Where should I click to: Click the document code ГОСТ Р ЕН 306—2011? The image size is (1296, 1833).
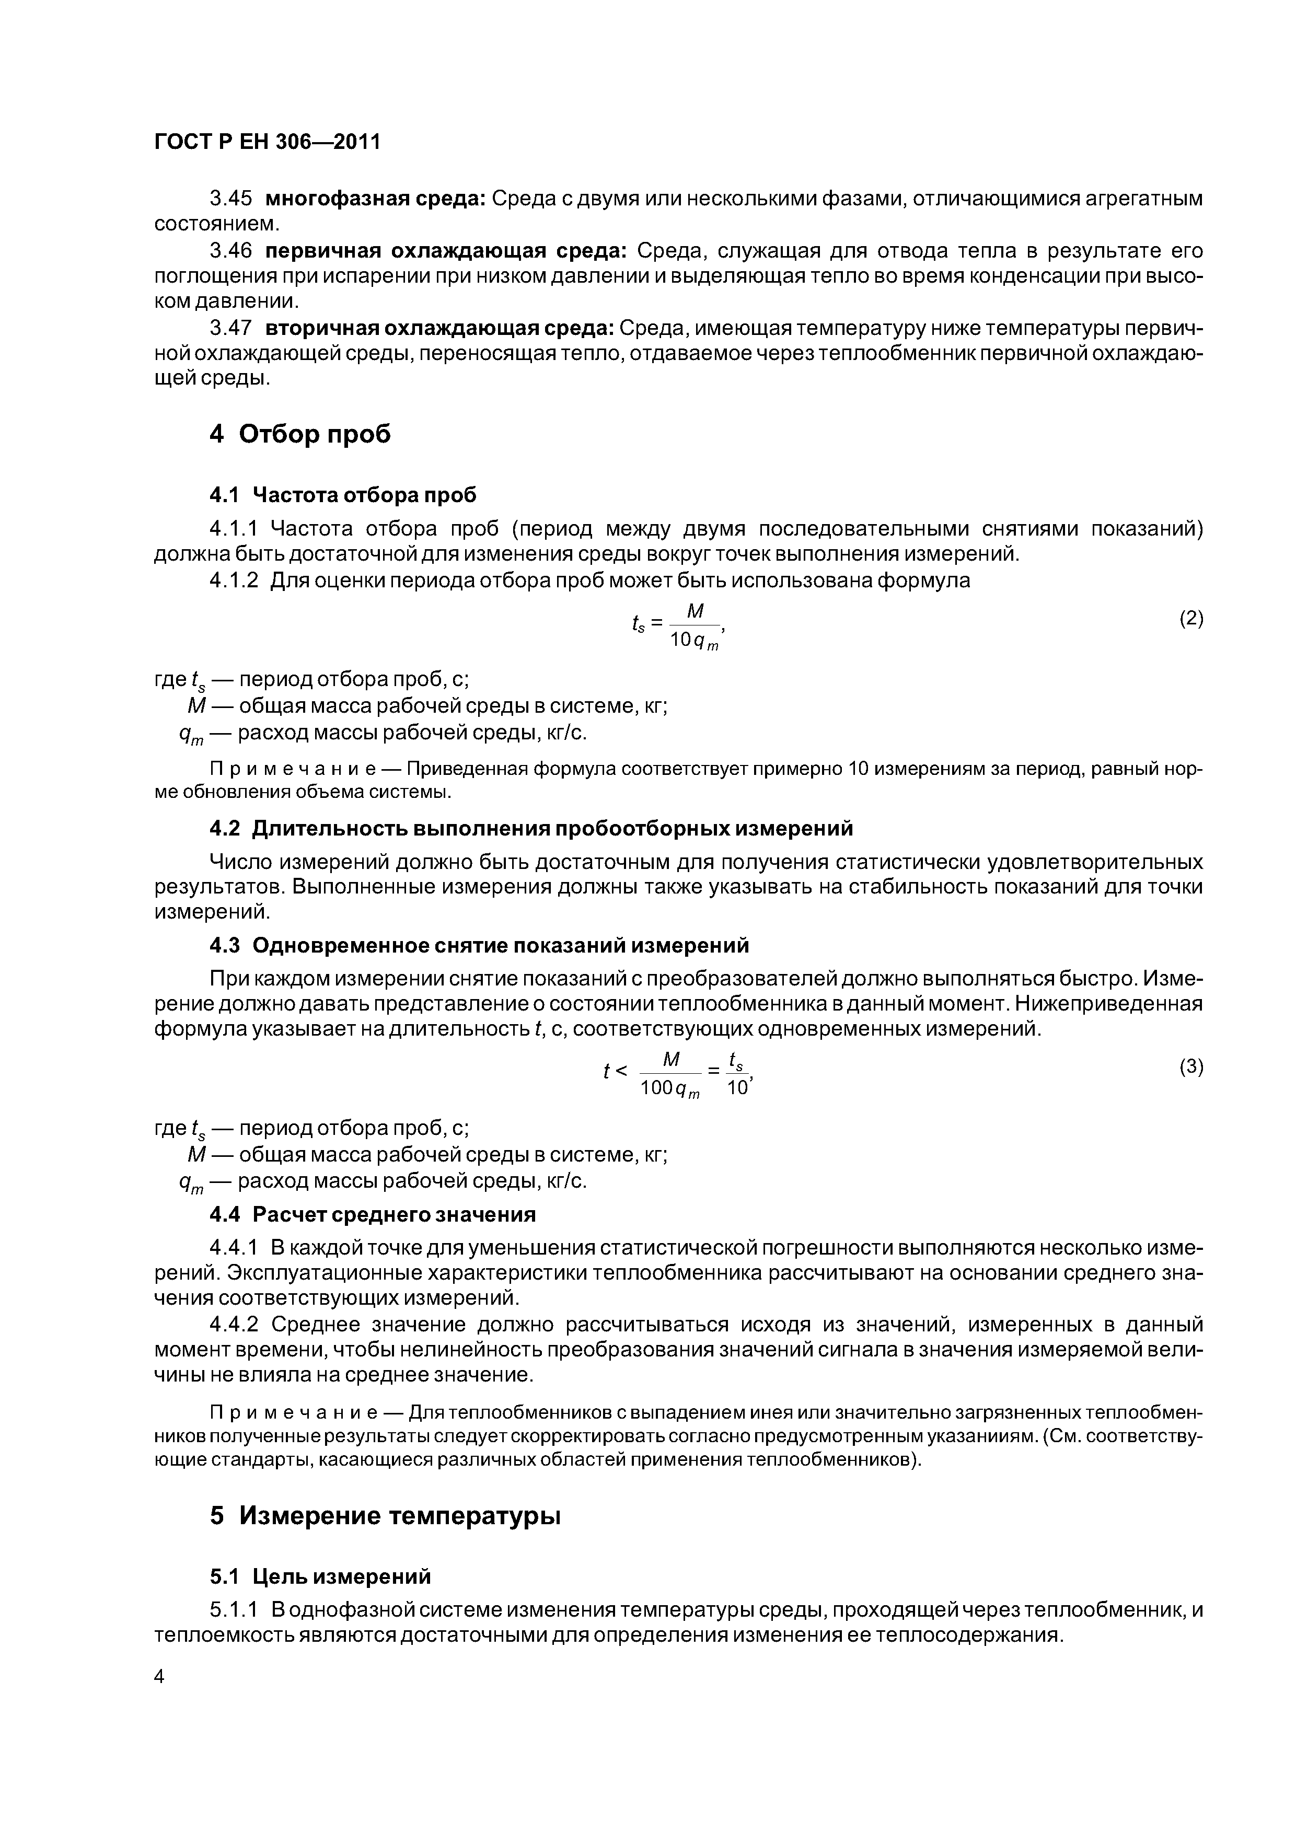tap(267, 142)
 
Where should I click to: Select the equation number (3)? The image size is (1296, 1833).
tap(1190, 1068)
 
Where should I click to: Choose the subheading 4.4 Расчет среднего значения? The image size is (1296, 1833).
tap(372, 1214)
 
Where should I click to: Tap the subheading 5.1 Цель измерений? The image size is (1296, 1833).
tap(320, 1577)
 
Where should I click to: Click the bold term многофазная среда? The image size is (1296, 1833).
tap(375, 198)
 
